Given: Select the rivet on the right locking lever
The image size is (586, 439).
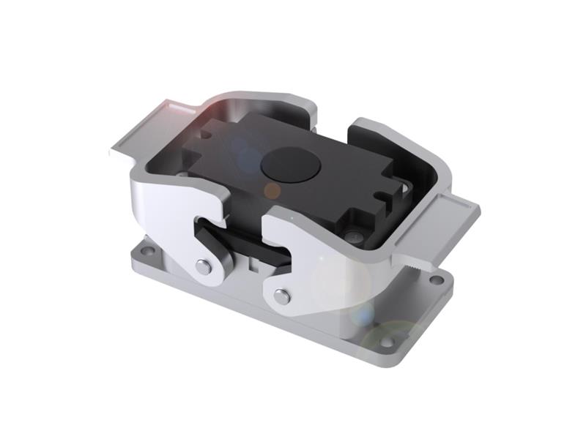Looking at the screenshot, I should tap(281, 296).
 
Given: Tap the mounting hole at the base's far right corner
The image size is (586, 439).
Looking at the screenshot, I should tap(437, 279).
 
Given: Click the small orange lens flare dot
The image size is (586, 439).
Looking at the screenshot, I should tap(272, 191).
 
